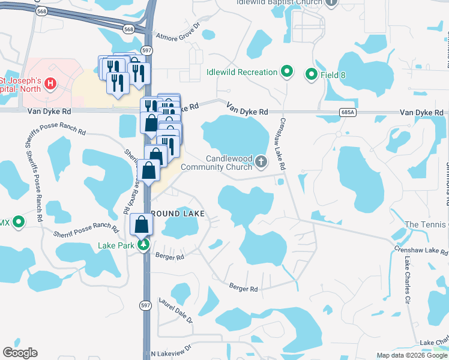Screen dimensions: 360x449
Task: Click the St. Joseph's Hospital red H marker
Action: pos(51,83)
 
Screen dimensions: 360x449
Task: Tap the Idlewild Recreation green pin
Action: pos(287,73)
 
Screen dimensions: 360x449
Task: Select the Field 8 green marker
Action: pos(311,74)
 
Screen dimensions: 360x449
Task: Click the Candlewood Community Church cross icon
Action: pos(261,161)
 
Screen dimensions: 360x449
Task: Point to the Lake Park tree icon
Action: pos(143,245)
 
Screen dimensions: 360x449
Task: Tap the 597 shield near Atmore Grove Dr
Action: pos(146,51)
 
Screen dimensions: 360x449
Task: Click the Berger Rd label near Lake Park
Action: pos(169,256)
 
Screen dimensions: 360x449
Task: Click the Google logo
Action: pos(20,353)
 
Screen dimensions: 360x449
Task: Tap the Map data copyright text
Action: pos(411,355)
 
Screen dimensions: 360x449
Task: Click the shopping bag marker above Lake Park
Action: pos(142,226)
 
